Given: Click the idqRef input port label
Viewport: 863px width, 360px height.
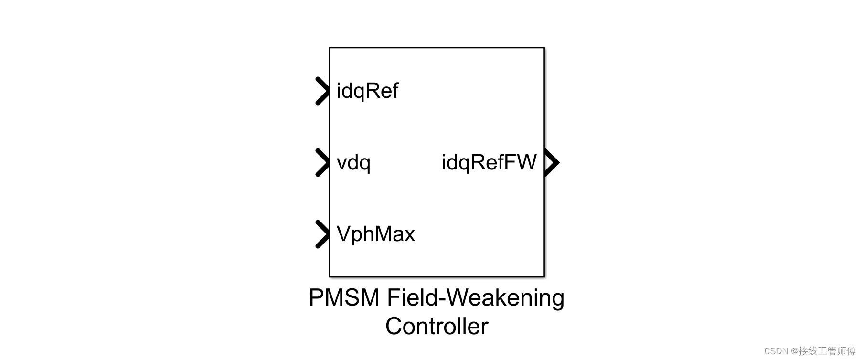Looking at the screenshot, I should (x=367, y=91).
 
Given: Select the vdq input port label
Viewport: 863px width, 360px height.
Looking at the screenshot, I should (x=353, y=163).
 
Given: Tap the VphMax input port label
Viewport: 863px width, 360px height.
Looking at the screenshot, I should (x=375, y=234).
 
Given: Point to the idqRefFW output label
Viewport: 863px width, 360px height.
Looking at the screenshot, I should (x=489, y=162).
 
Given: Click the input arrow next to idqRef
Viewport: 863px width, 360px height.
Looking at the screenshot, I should (x=322, y=91).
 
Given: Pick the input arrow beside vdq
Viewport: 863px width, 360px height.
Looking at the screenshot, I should (x=322, y=163).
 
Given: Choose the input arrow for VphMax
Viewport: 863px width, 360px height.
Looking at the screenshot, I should (x=322, y=234).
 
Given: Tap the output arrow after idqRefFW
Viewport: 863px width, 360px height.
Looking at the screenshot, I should (x=552, y=162).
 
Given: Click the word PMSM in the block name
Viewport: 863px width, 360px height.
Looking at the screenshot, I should (x=344, y=297).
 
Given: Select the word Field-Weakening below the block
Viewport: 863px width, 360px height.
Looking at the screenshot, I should (x=475, y=297).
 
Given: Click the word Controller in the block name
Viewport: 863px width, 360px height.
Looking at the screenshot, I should (x=437, y=327).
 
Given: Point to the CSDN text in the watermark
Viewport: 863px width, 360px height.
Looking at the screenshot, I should (x=776, y=351).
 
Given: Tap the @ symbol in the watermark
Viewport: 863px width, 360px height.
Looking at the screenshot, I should (x=794, y=351).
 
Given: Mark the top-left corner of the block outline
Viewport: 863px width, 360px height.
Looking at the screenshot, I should (x=330, y=48).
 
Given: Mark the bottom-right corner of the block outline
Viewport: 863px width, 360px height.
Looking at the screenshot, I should (x=544, y=276).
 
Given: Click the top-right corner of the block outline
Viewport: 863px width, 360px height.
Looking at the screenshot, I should (x=544, y=48).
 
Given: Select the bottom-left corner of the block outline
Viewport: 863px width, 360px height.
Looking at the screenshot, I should (x=330, y=276).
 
